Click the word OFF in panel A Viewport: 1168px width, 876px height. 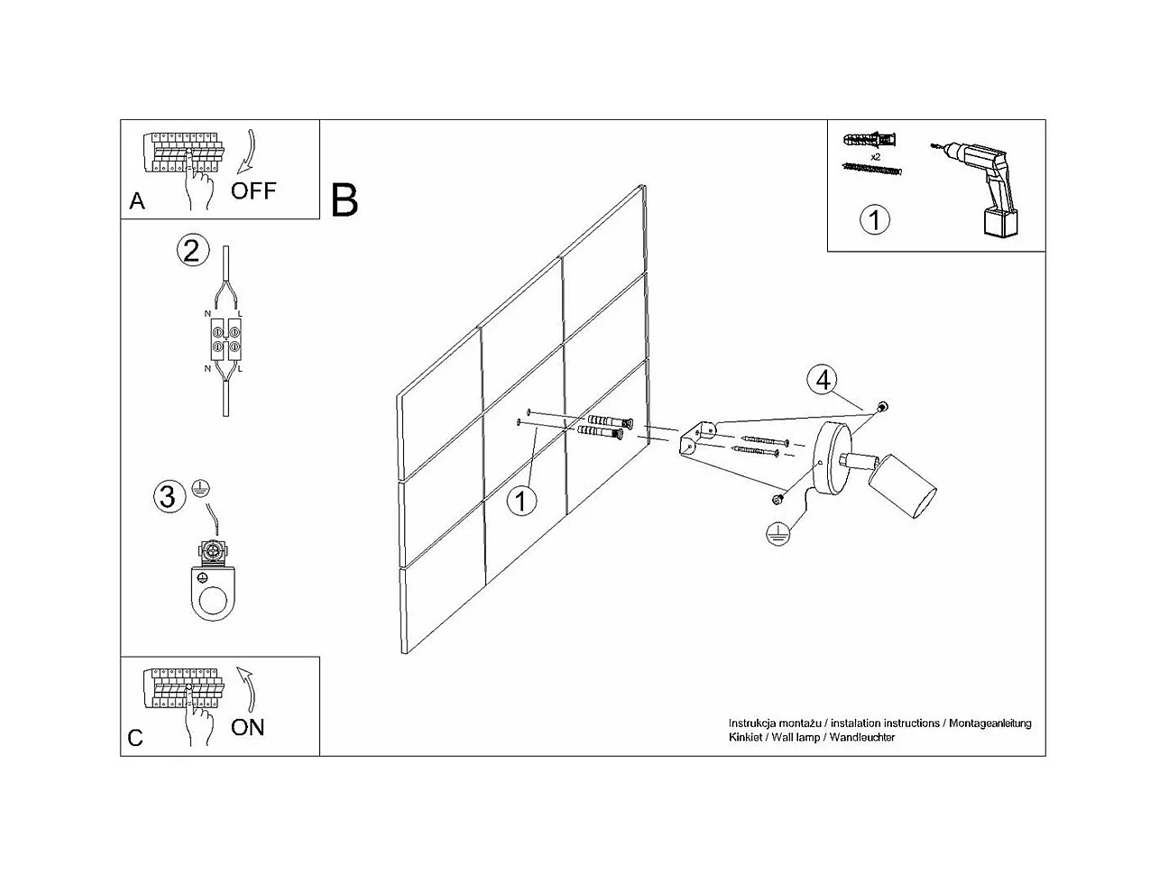point(253,190)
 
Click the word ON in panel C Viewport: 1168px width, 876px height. point(247,727)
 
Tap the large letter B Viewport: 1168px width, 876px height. point(345,199)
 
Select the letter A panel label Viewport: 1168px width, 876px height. point(137,200)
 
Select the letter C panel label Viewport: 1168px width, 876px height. point(135,738)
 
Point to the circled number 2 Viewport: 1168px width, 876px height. point(191,250)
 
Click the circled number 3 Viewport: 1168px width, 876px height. point(167,496)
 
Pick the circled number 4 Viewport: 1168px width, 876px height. point(823,381)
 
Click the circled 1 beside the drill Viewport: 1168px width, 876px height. point(875,219)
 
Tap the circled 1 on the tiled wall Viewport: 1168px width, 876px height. point(521,500)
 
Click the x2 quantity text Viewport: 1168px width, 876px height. point(874,156)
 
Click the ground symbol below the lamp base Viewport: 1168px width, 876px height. point(774,534)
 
